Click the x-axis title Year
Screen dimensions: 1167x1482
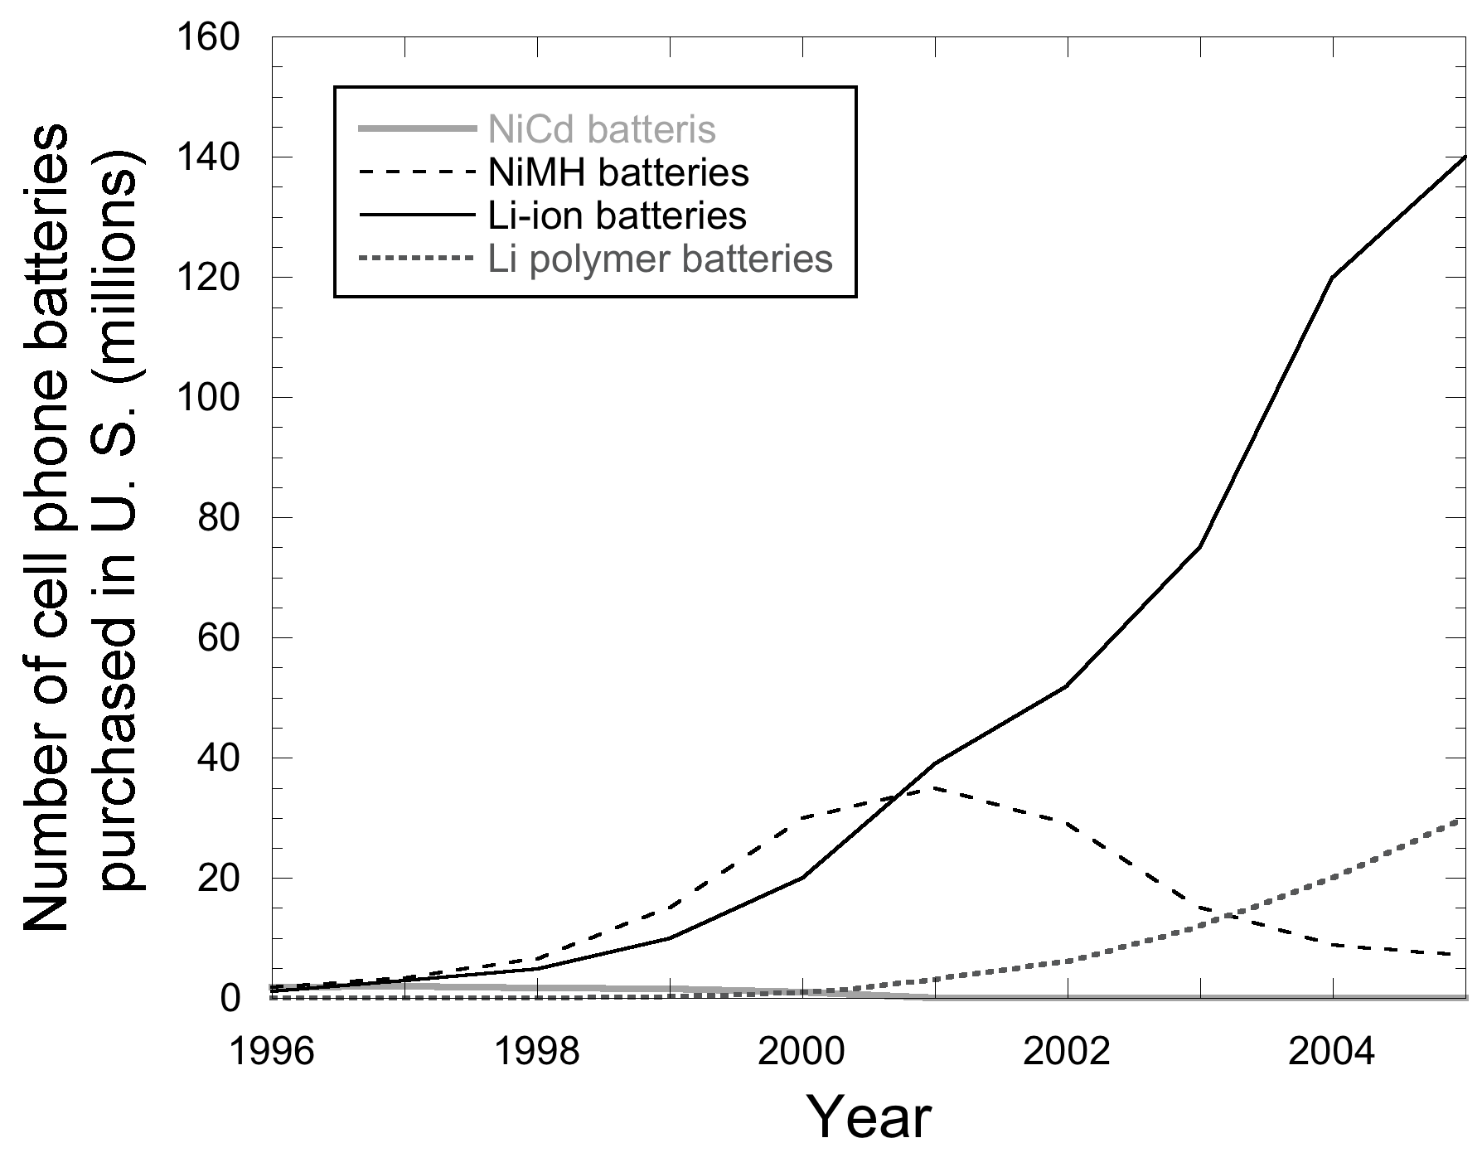pos(869,1120)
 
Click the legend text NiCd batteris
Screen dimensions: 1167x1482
pos(602,130)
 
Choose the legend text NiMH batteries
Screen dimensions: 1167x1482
pos(618,173)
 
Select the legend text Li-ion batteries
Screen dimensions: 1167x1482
pos(617,215)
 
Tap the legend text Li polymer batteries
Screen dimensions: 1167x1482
pos(660,259)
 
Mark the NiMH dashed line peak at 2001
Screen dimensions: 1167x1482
pos(935,787)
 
